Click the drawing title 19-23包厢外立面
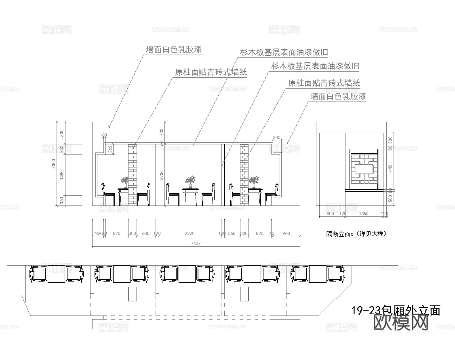396,311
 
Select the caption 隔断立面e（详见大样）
356,234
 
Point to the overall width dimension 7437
196,244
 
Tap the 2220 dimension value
190,233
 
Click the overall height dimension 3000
54,163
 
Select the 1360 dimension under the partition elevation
364,213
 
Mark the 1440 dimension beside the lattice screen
390,169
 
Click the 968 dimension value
286,233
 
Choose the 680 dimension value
146,233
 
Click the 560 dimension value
232,233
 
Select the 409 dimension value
97,233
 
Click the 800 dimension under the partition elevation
330,213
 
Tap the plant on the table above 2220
190,181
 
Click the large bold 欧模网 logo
401,323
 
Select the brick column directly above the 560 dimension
244,174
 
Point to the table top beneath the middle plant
190,189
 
